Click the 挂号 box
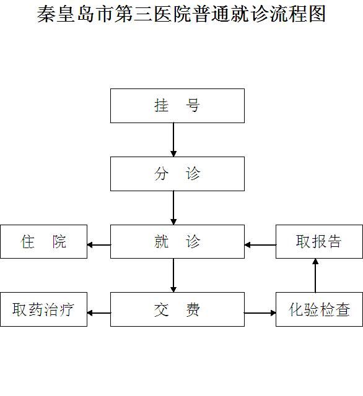(177, 106)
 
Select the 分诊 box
(177, 174)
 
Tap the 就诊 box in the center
(177, 241)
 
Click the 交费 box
(177, 309)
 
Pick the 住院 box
(44, 241)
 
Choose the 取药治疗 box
(44, 309)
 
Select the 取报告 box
(319, 241)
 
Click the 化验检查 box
(319, 309)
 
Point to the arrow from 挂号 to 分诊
(173, 140)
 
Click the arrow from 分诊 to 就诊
(173, 208)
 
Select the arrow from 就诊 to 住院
(99, 245)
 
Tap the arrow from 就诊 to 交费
(173, 275)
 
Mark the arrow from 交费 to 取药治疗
(99, 313)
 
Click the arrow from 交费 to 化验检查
(260, 313)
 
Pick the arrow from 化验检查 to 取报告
(315, 275)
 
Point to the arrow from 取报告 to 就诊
(260, 245)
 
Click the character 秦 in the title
(46, 14)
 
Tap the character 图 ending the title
(317, 14)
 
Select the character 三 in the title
(143, 14)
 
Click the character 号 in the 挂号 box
(193, 105)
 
